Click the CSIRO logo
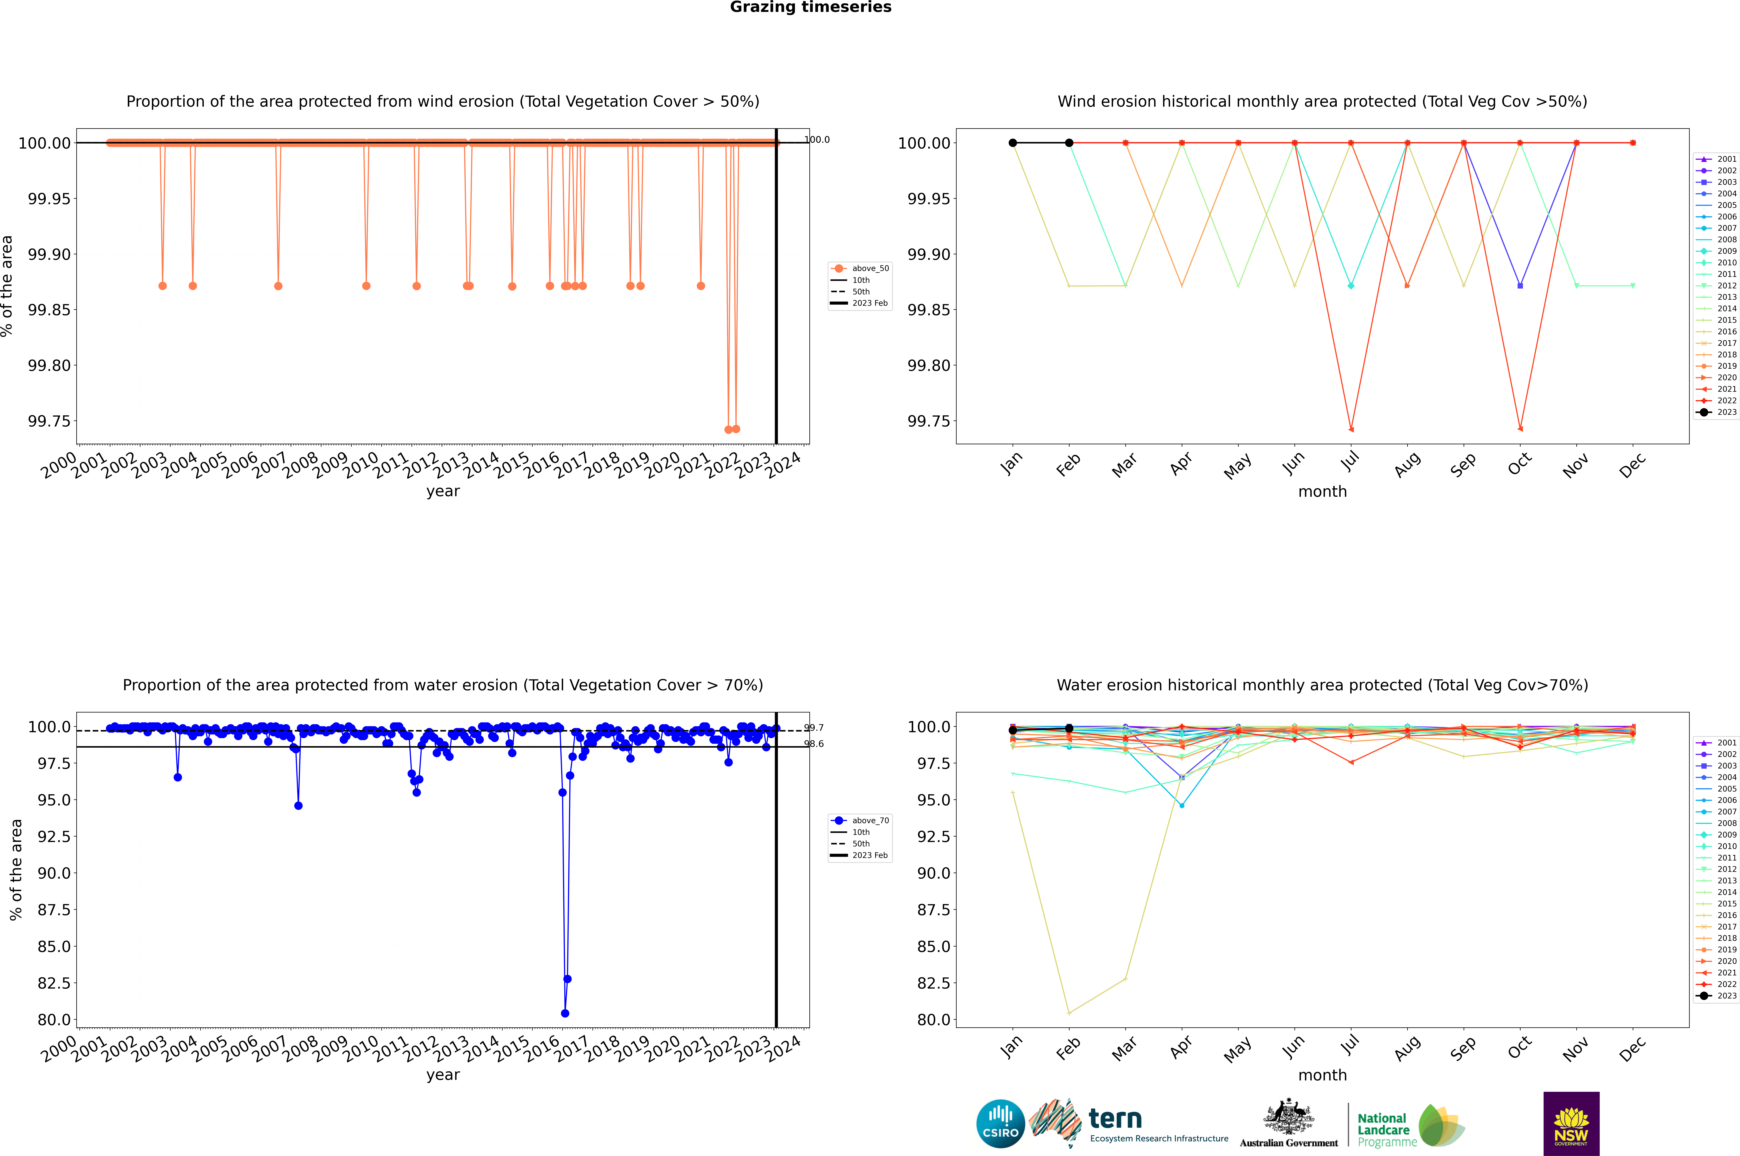(1000, 1124)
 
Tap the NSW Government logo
(1571, 1124)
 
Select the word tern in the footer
(1115, 1119)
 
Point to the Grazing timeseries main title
(811, 7)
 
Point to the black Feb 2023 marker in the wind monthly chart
(1069, 143)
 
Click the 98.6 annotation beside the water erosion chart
(814, 744)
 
